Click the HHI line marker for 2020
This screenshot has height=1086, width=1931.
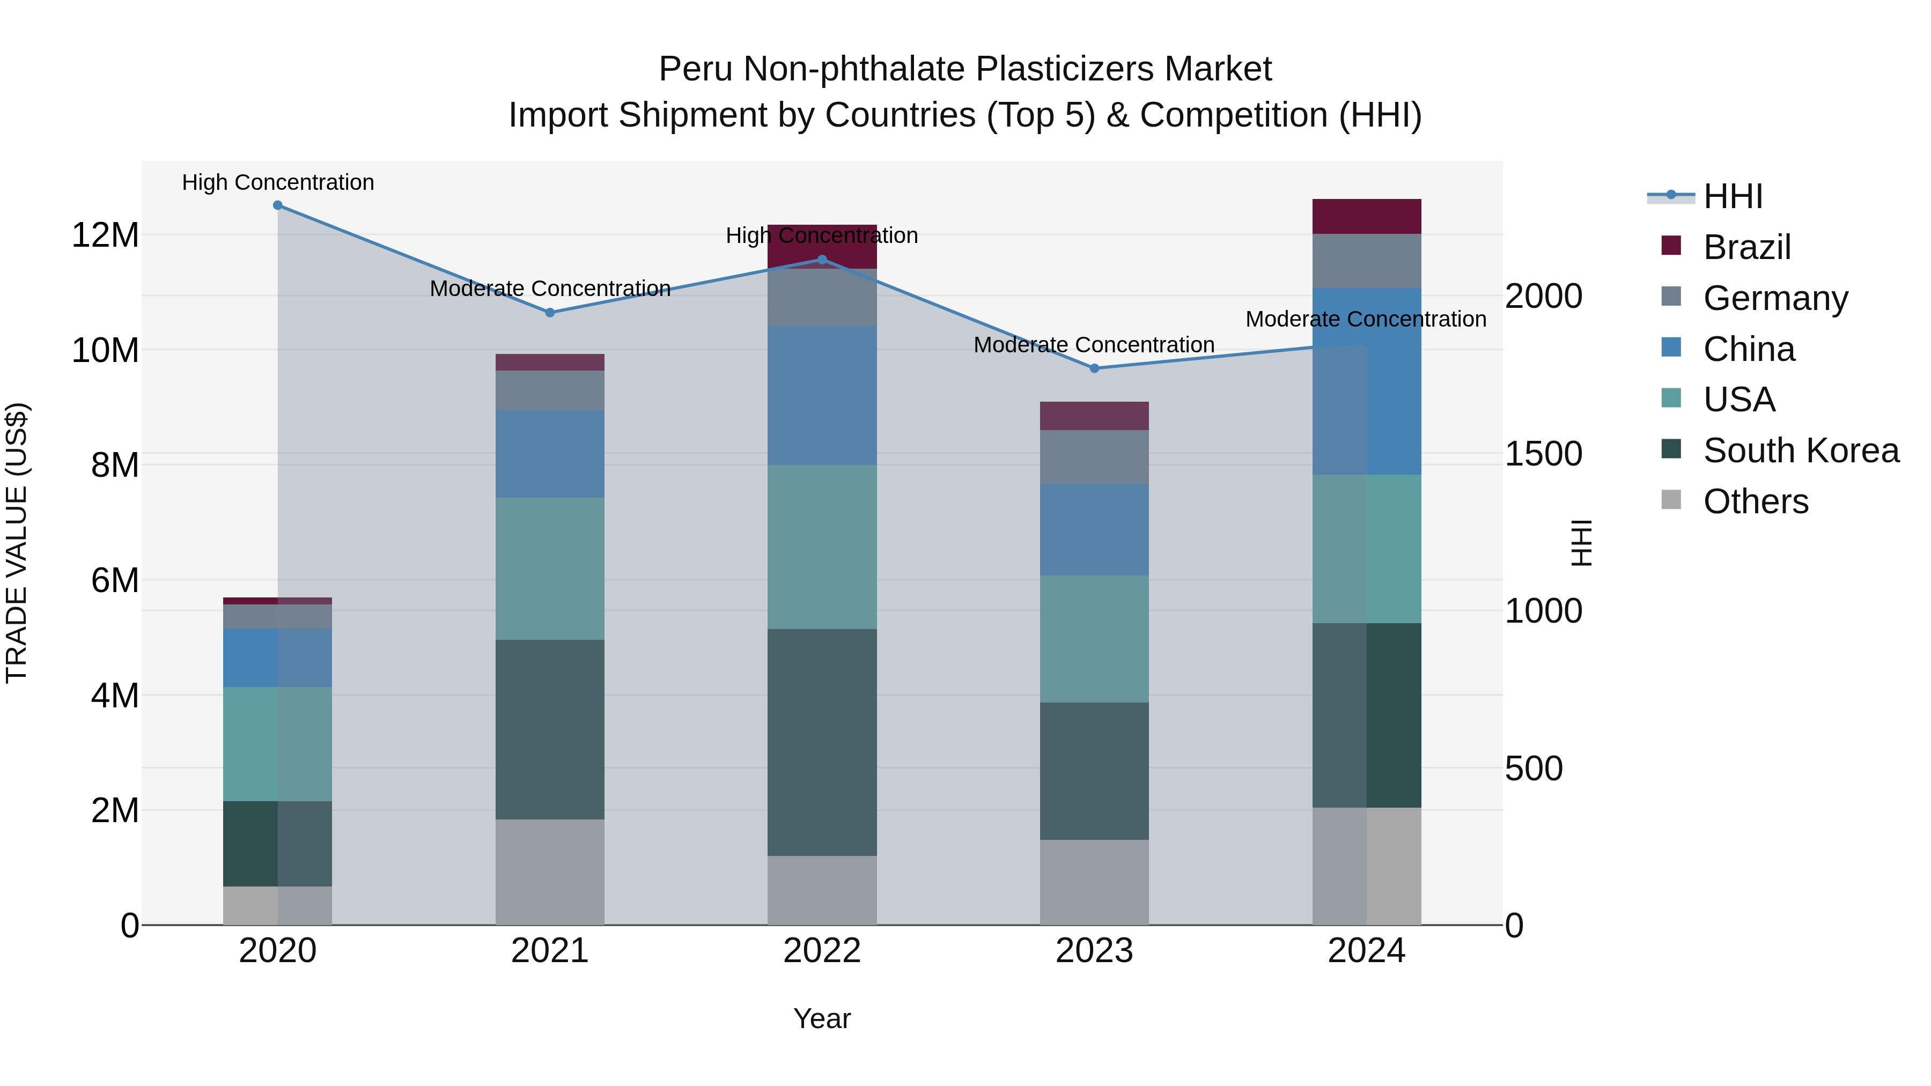277,205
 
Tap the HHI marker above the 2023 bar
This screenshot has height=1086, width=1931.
1094,368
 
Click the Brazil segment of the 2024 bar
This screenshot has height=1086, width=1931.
1367,217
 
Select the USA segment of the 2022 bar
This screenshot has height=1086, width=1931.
822,547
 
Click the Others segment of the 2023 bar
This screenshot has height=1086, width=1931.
1094,882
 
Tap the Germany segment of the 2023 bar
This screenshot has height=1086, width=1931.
1094,457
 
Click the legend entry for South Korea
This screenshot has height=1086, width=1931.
1801,450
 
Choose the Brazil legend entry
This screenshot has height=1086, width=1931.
1746,247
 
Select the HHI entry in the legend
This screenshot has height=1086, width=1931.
1733,196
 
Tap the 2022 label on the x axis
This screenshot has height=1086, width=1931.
822,951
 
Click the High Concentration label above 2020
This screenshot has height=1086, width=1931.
277,182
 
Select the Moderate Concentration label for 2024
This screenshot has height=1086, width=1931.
1365,319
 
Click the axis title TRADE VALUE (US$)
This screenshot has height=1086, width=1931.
17,543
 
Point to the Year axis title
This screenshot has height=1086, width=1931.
822,1018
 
